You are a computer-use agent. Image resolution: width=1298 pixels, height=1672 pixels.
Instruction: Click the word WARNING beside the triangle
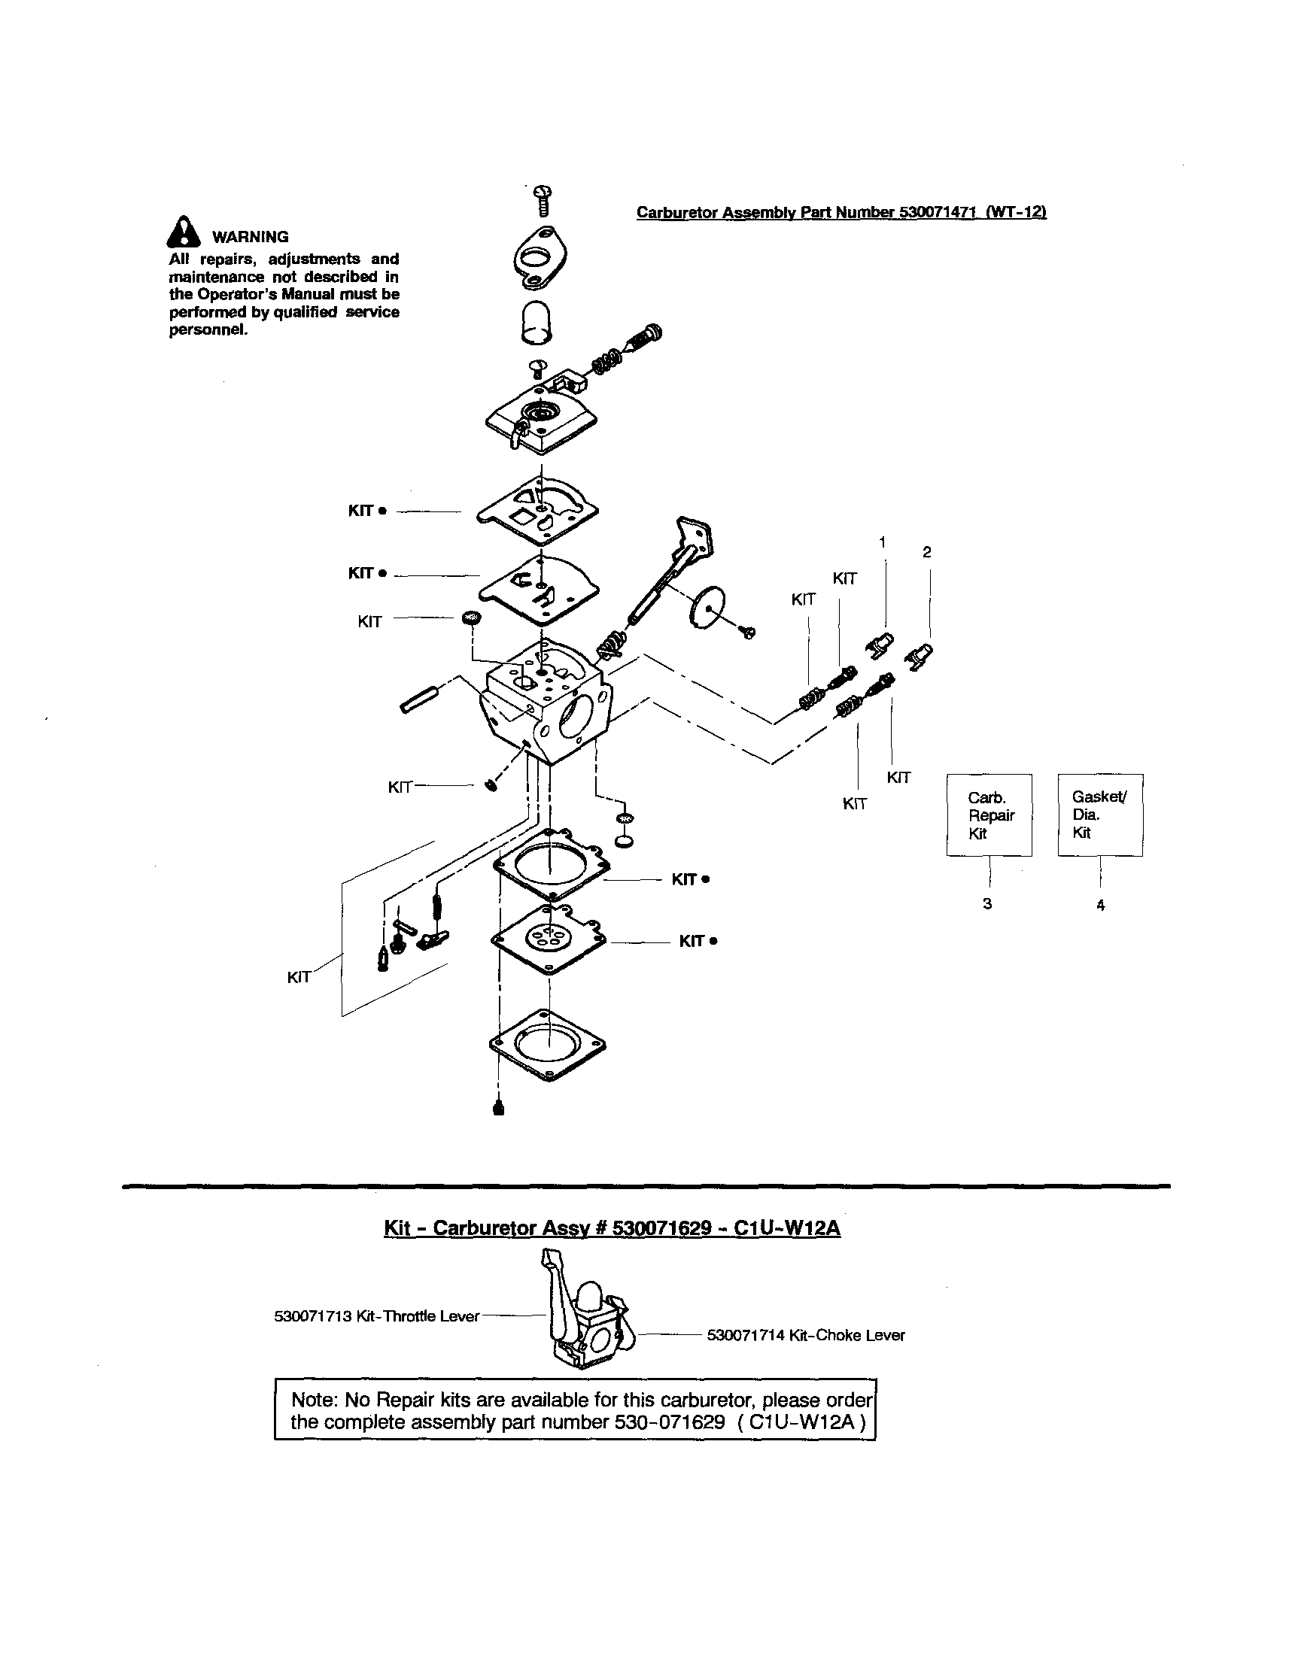click(251, 238)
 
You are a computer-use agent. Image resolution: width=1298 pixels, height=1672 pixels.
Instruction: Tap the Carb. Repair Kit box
click(989, 815)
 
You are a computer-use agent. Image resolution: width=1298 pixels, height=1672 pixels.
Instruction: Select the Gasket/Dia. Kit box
click(1099, 815)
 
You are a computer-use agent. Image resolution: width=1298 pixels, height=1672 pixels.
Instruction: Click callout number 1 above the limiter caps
click(882, 542)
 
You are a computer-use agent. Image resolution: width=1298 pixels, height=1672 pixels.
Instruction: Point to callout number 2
click(926, 552)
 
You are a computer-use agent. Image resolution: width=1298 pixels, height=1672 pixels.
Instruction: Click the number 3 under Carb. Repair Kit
click(987, 903)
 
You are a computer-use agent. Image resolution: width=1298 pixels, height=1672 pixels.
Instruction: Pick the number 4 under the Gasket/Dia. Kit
click(1100, 905)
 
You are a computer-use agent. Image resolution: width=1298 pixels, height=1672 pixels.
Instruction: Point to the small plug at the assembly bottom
click(499, 1109)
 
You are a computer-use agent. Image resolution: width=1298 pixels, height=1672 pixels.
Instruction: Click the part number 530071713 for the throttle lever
click(312, 1316)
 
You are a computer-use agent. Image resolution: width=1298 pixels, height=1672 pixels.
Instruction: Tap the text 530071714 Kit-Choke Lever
click(806, 1335)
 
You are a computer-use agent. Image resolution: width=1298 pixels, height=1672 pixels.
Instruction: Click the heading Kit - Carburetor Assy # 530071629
click(611, 1228)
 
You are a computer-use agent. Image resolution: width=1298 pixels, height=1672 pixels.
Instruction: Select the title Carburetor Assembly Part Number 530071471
click(841, 212)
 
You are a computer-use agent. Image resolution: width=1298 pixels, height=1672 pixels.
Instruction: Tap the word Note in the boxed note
click(315, 1400)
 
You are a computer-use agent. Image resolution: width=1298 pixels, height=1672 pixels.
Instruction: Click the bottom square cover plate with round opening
click(547, 1044)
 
